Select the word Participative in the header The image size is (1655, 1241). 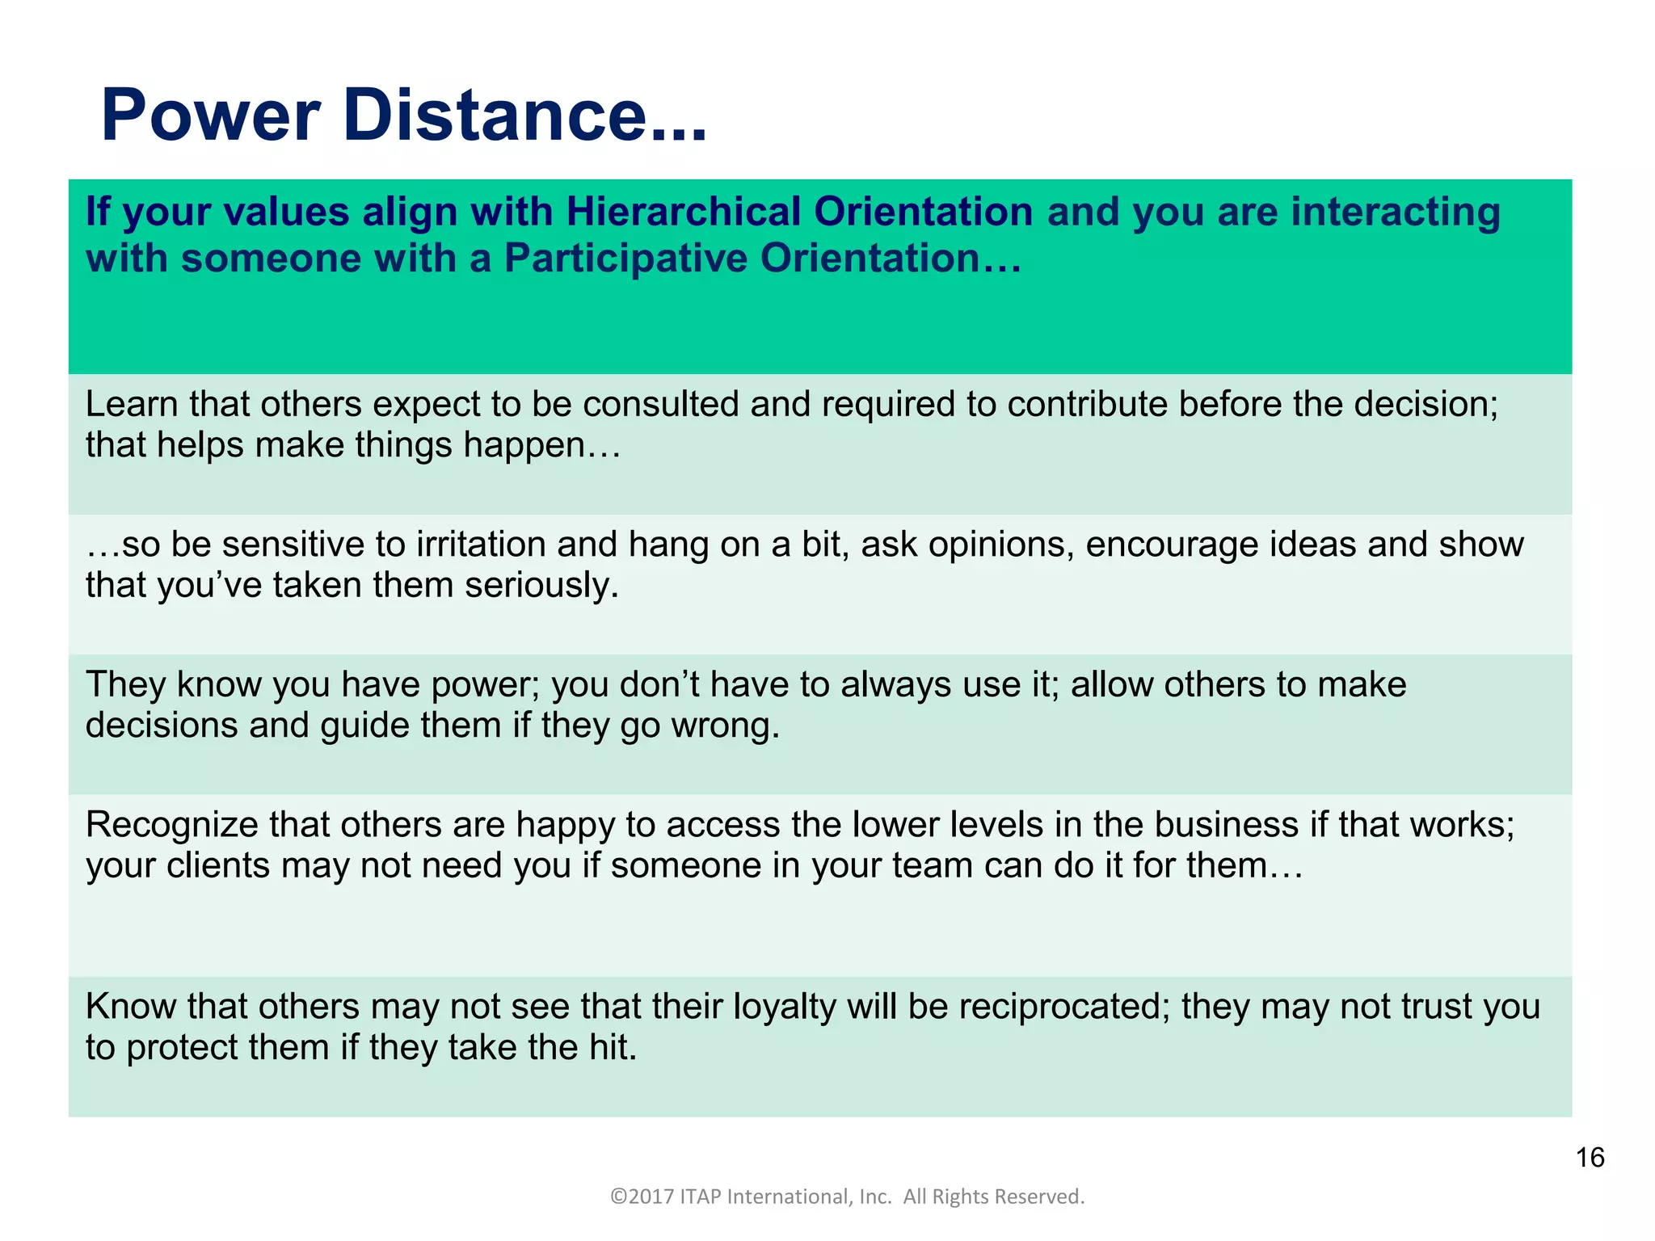tap(625, 259)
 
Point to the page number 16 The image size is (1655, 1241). tap(1590, 1158)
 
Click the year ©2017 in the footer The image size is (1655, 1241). tap(642, 1197)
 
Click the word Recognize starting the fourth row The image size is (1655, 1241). tap(172, 825)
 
